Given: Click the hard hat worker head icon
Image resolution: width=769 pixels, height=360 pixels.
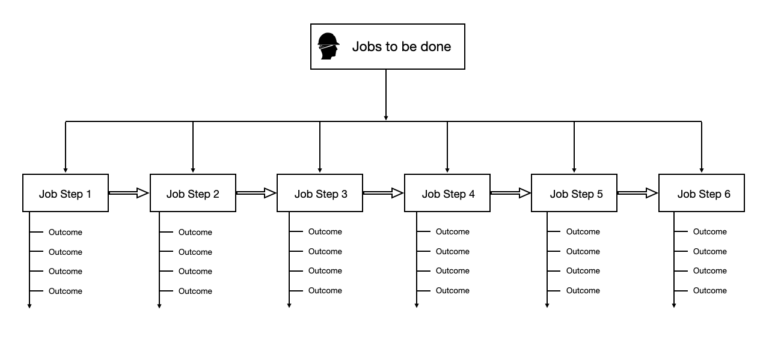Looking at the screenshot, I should coord(328,46).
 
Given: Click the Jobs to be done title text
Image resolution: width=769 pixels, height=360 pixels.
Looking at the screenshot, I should coord(401,46).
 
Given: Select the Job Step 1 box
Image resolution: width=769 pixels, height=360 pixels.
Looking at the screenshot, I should coord(66,193).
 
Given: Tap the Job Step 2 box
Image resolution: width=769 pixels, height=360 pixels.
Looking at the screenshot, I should coord(193,193).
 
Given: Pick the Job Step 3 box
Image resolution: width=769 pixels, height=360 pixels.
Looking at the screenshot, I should coord(320,193).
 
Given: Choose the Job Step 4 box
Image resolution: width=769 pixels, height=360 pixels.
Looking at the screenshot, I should coord(447,193).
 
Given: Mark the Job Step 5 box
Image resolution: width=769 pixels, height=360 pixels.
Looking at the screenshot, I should coord(574,193).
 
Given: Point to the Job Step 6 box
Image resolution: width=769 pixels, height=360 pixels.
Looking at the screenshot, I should coord(702,193).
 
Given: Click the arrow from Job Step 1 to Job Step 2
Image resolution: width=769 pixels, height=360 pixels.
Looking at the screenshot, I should coord(129,193).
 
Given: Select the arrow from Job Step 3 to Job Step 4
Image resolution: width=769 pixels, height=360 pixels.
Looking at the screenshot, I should coord(383,193).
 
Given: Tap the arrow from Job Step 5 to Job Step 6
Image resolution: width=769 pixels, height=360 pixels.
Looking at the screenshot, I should coord(637,193).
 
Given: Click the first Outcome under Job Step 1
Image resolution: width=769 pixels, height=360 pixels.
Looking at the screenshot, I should coord(65,232).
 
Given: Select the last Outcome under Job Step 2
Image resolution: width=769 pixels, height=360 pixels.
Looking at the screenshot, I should coord(195,291).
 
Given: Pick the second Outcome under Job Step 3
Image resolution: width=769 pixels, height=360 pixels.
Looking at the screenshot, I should coord(325,251).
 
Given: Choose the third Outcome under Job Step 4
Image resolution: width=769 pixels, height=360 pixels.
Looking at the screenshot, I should coord(452,270).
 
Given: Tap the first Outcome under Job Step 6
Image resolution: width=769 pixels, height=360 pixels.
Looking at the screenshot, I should coord(709,231).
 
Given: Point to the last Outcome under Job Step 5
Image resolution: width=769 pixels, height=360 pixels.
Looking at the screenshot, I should coord(583,290).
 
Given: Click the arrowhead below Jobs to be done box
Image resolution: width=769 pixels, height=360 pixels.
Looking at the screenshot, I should coord(386,117).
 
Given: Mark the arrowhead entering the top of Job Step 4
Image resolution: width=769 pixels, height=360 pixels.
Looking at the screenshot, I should coord(447,170).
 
